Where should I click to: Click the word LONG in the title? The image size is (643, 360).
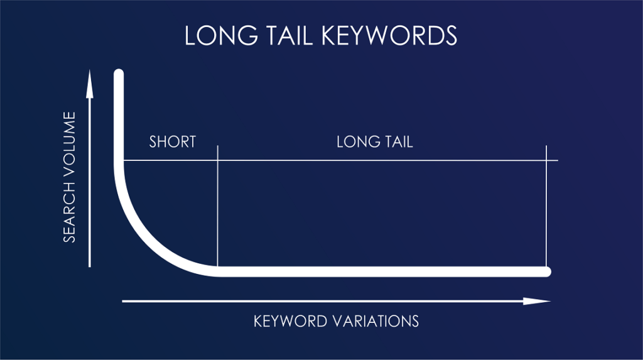(217, 36)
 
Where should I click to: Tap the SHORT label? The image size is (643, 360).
(173, 141)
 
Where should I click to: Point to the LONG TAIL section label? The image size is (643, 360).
(375, 141)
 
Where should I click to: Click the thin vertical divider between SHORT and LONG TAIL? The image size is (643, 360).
(217, 207)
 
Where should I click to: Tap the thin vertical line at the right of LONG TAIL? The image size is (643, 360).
(547, 207)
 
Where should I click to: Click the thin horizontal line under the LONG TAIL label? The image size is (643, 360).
(377, 160)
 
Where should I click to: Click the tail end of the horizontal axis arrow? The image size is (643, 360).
(124, 302)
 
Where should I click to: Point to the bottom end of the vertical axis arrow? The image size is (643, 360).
(90, 266)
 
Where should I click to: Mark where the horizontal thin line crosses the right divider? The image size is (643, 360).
(547, 160)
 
